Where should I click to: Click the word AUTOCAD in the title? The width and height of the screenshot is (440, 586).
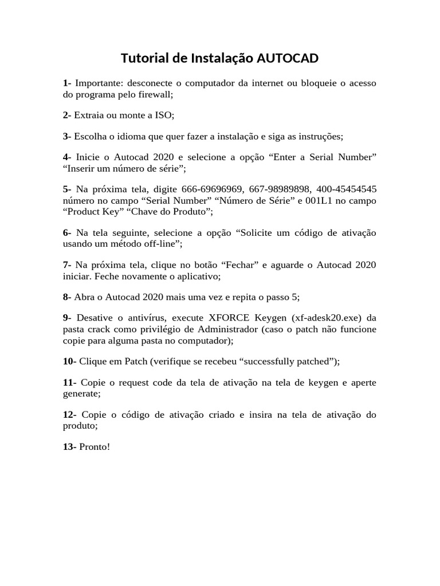point(288,58)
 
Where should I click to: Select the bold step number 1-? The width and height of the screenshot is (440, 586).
point(67,84)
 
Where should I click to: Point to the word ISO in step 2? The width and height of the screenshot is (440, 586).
point(163,115)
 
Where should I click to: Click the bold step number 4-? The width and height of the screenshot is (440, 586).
point(67,157)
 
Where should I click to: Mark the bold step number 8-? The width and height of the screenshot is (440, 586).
point(67,297)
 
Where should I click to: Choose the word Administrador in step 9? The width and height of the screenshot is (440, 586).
point(232,329)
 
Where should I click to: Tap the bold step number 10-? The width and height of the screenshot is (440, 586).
point(70,361)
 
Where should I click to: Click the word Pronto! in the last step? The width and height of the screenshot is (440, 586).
point(94,446)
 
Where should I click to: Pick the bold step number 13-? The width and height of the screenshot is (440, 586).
point(70,446)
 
